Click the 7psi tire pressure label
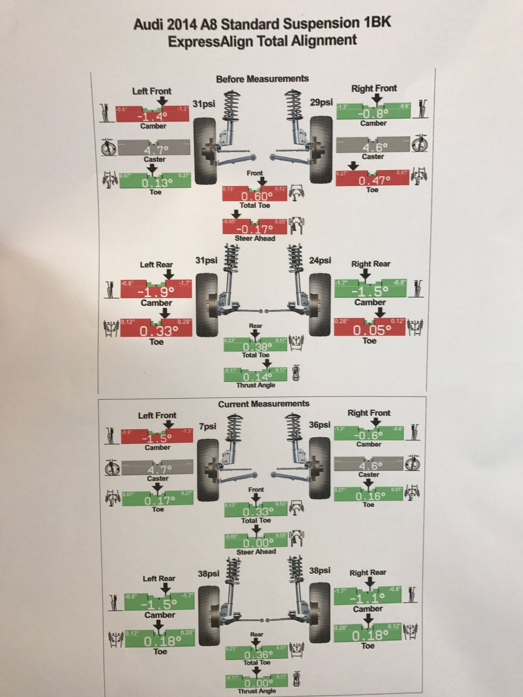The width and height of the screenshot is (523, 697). pos(208,426)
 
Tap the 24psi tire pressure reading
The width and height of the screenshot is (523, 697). pos(320,260)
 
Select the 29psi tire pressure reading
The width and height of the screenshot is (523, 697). pos(321,102)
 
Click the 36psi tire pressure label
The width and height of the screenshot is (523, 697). pos(319,425)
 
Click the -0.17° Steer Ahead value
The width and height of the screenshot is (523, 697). pos(255,229)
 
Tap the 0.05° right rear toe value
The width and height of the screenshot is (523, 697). pos(372,330)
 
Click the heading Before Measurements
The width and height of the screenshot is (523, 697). pos(262,79)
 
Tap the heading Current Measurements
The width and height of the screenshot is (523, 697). pos(263,404)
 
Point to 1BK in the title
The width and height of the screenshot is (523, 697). pos(375,23)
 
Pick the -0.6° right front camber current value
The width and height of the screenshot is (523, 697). pos(368,436)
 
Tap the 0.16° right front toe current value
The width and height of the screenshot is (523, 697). pos(369,496)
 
